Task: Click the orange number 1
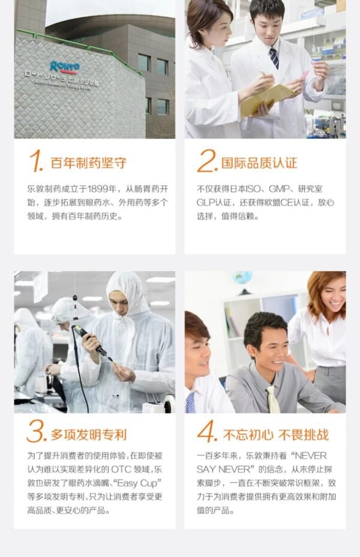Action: pyautogui.click(x=35, y=161)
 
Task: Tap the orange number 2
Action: pyautogui.click(x=207, y=161)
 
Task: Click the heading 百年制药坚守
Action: pyautogui.click(x=88, y=163)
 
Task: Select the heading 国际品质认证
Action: pyautogui.click(x=259, y=163)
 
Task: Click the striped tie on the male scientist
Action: pyautogui.click(x=274, y=58)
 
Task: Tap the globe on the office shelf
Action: pyautogui.click(x=242, y=278)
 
